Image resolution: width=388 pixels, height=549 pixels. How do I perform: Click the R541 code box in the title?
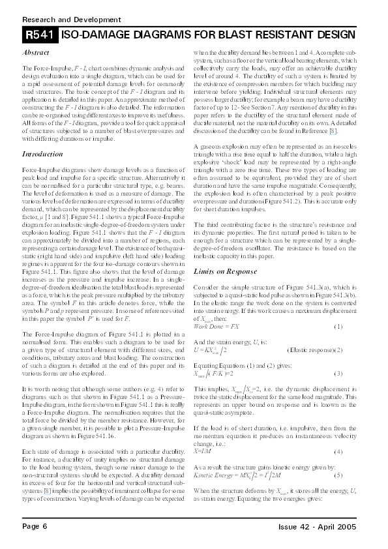(x=40, y=34)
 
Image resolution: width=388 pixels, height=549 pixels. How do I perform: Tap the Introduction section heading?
(x=42, y=154)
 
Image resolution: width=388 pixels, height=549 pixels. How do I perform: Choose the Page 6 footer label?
(x=35, y=526)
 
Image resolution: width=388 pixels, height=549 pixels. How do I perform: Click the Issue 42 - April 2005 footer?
(x=316, y=526)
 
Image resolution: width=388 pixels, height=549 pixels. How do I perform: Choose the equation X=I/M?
(x=203, y=451)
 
